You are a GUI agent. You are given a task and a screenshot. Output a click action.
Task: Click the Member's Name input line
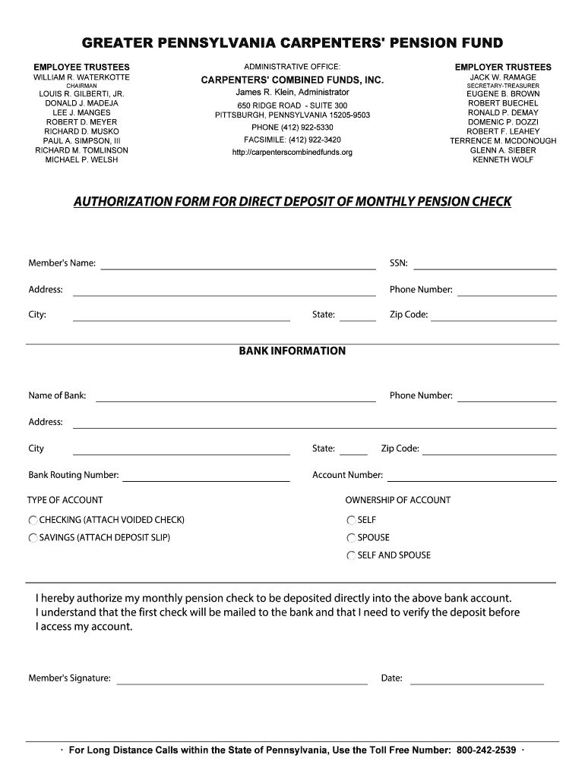[238, 264]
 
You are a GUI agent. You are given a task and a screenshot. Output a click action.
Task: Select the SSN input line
[485, 264]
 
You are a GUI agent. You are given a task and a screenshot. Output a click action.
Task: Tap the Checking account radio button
[33, 521]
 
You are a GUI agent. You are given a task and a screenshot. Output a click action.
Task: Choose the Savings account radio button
[33, 538]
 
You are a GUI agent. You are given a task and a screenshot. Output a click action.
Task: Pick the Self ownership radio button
[351, 521]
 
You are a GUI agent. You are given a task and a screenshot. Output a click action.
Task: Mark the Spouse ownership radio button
[351, 538]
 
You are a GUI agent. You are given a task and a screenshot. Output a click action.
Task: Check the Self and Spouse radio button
[351, 555]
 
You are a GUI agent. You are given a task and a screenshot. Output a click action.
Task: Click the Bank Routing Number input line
[206, 476]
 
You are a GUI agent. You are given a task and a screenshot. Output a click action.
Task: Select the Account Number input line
[471, 476]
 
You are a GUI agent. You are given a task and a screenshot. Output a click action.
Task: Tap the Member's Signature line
[242, 679]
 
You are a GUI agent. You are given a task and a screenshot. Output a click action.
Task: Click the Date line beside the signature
[476, 679]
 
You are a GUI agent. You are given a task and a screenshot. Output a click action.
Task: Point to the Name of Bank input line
[236, 396]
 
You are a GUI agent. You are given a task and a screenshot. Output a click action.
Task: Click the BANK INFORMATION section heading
[292, 351]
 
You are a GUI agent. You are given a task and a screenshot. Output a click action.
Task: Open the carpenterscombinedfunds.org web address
[292, 153]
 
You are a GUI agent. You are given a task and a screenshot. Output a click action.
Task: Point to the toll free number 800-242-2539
[486, 750]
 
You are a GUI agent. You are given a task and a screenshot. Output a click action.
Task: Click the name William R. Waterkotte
[81, 77]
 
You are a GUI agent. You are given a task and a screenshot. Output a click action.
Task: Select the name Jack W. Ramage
[503, 77]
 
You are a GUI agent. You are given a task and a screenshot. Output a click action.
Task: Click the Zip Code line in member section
[494, 316]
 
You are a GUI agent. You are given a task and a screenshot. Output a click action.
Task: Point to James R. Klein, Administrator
[292, 92]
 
